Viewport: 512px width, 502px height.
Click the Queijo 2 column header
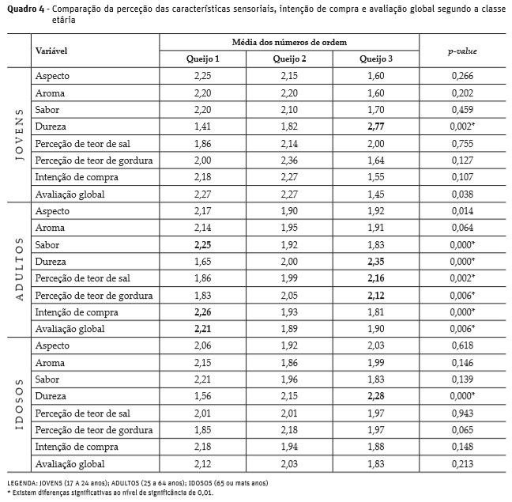[289, 59]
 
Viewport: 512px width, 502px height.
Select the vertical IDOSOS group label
[19, 406]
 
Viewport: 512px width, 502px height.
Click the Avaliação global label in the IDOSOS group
[70, 464]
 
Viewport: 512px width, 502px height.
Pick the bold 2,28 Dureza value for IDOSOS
[375, 396]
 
